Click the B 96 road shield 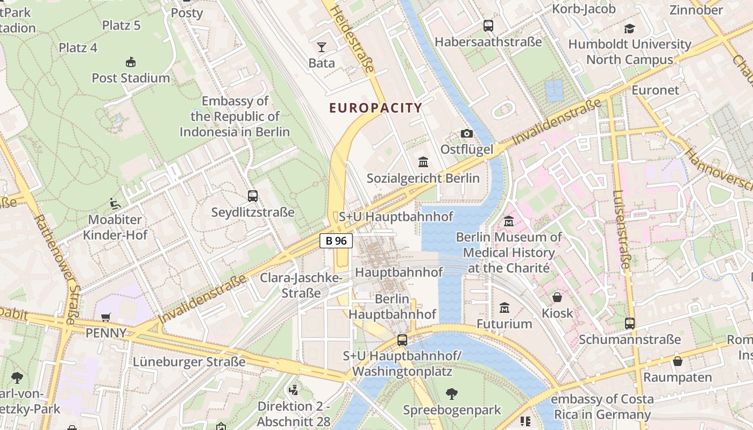tap(336, 241)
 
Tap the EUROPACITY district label tap(375, 108)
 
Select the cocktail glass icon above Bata tap(322, 47)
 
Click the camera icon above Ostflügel tap(466, 133)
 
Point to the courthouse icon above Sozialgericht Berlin tap(423, 162)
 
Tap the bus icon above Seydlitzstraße tap(253, 196)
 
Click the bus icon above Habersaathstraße tap(488, 25)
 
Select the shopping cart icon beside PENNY tap(106, 318)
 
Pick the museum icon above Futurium tap(504, 308)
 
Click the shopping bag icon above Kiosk tap(557, 297)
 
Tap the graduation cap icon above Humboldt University tap(629, 28)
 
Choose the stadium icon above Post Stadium tap(130, 62)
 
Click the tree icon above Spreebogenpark tap(452, 394)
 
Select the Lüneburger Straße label tap(189, 362)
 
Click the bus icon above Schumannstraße tap(629, 324)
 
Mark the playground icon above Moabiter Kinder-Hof tap(115, 204)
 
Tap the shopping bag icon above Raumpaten tap(677, 361)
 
